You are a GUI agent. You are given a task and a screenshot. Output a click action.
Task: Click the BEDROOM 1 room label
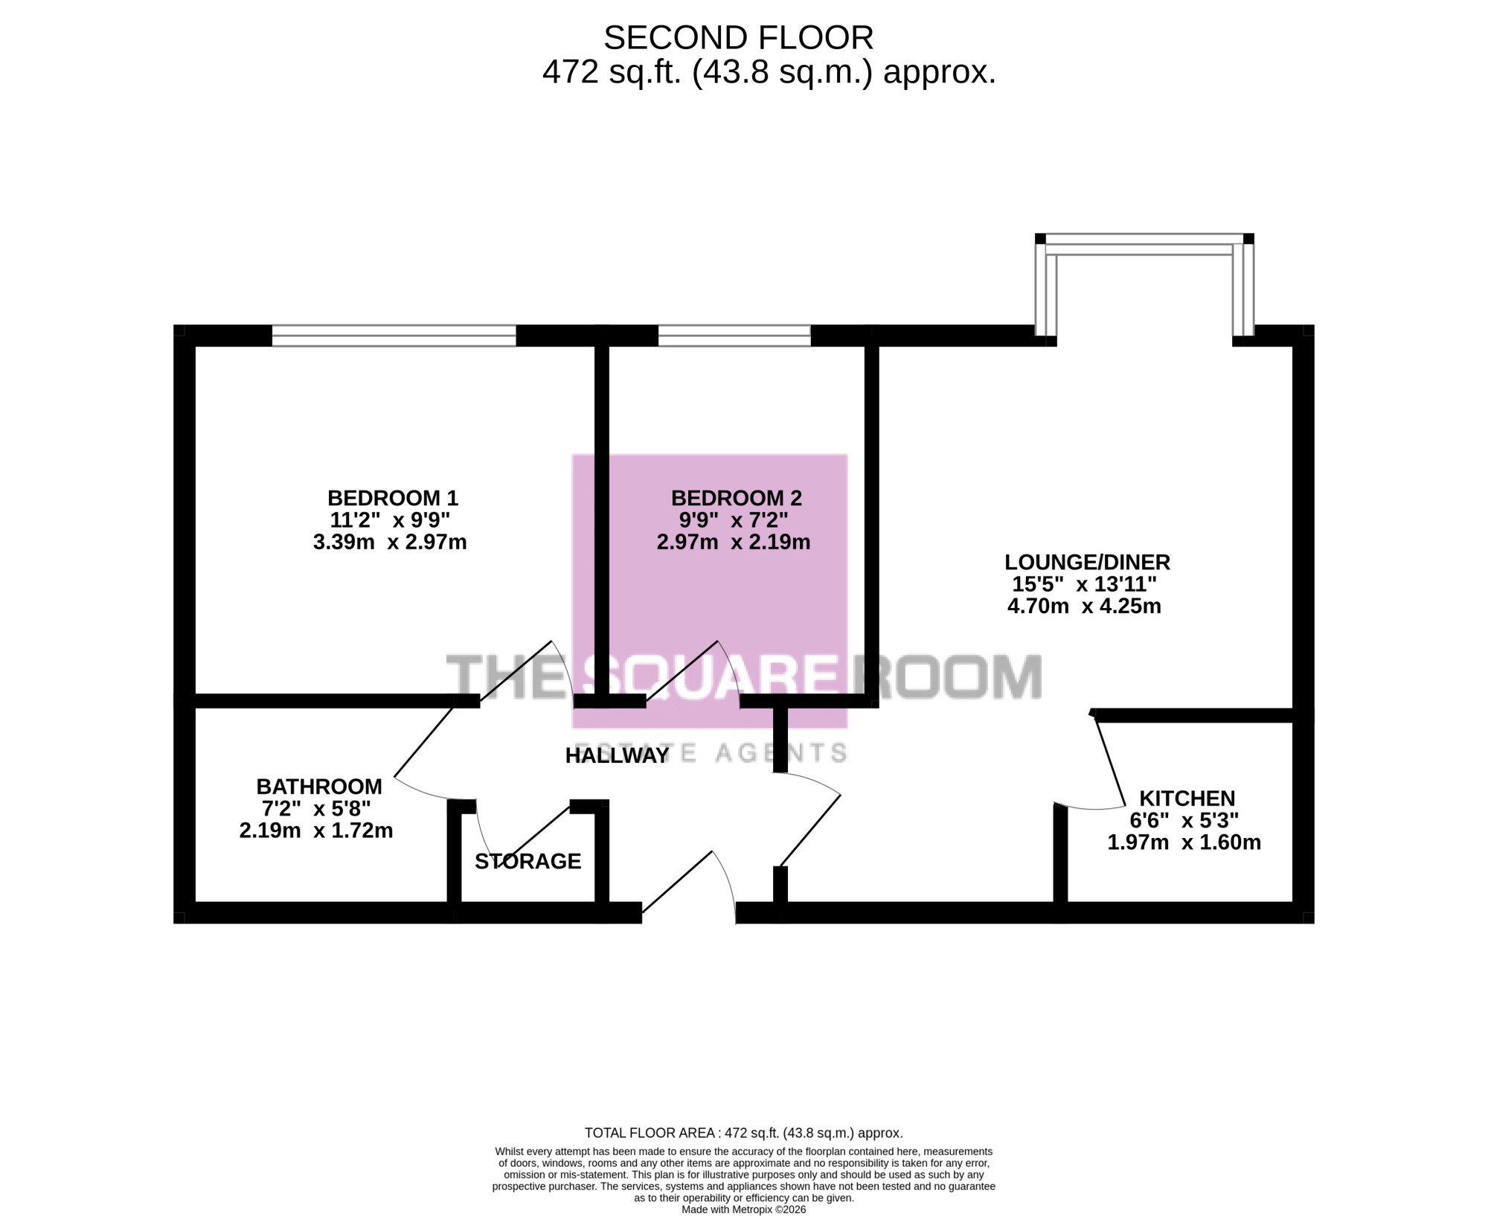393,498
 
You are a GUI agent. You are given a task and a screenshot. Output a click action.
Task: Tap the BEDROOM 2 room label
737,498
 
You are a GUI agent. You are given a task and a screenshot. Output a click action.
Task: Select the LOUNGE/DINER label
1087,562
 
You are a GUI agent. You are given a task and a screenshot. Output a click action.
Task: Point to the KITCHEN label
1187,799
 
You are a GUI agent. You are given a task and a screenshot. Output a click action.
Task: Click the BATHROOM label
319,787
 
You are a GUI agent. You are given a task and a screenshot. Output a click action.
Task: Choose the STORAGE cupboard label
527,861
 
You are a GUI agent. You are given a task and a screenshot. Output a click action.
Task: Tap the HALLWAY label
618,755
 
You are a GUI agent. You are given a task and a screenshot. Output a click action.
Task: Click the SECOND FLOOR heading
738,38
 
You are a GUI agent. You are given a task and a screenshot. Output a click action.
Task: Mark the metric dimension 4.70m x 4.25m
1084,606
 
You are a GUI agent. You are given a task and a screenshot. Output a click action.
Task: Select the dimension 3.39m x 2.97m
390,542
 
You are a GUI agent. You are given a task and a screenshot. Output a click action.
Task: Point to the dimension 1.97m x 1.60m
1184,842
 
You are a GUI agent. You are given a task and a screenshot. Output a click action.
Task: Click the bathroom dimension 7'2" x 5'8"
316,808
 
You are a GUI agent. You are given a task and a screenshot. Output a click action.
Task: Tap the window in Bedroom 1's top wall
394,336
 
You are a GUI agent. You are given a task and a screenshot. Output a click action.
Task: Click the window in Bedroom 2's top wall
734,336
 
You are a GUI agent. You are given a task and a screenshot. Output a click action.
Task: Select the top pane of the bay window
1144,244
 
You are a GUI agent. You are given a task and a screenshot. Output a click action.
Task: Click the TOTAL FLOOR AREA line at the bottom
743,1133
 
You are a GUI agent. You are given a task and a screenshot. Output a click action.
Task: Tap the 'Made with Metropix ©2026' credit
743,1209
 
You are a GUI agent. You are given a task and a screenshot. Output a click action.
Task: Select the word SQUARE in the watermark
709,676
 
